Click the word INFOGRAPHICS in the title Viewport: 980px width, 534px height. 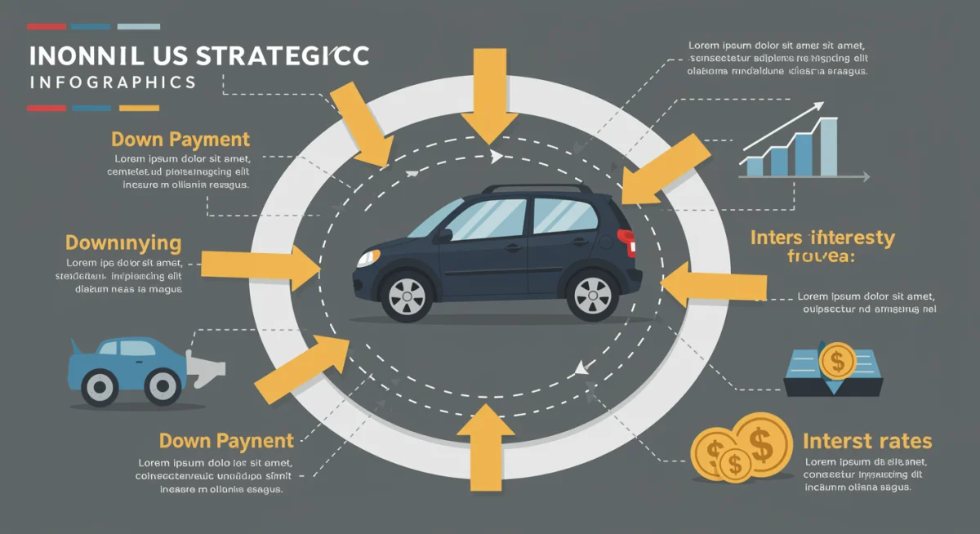pos(112,82)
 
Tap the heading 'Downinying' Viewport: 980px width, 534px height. pos(123,243)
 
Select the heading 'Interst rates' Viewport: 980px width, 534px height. pos(866,442)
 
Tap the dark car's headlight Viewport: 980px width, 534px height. pos(369,258)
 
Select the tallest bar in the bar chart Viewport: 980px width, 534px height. pos(828,147)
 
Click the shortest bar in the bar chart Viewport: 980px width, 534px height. pos(755,167)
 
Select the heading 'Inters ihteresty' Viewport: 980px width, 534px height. pos(822,238)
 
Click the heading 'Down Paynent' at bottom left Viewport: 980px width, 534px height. pos(226,442)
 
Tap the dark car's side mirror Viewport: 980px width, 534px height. pos(443,236)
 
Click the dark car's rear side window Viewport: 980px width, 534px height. pos(564,215)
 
